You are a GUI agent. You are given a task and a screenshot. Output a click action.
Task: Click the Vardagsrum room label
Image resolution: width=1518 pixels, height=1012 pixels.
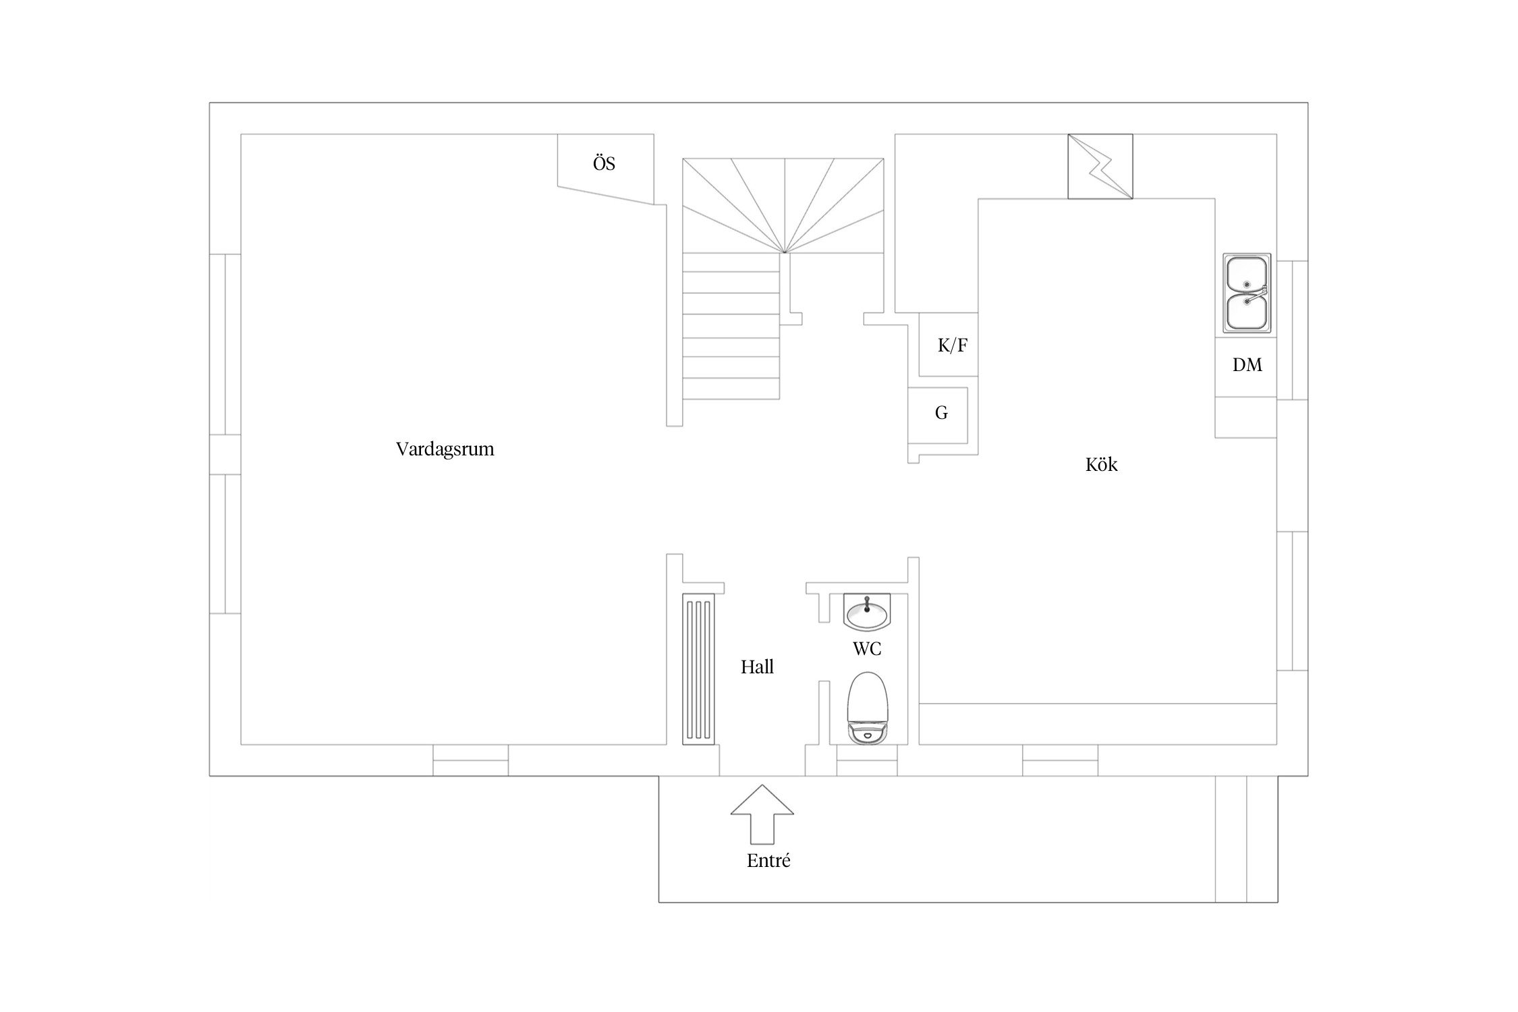(x=445, y=449)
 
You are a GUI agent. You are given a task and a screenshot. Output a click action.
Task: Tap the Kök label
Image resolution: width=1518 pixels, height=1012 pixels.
(x=1101, y=464)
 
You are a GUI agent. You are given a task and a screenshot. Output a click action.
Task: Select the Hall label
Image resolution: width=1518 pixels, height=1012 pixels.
(x=757, y=667)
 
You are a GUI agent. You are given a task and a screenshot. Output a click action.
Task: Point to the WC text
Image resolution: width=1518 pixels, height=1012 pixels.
(x=867, y=649)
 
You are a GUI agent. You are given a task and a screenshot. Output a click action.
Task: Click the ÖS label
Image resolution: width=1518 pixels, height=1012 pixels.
(x=604, y=163)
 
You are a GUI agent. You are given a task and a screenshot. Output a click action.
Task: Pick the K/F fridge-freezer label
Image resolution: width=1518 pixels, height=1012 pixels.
(x=953, y=345)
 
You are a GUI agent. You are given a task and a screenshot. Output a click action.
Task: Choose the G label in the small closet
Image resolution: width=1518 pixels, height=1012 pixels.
(x=941, y=413)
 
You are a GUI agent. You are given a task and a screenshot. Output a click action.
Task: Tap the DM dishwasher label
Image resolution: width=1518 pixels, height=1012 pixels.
(x=1247, y=365)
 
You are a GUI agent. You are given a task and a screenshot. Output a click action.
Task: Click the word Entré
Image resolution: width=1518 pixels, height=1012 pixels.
(x=768, y=861)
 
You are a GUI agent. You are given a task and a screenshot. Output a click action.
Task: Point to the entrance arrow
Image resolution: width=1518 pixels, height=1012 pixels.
(x=762, y=814)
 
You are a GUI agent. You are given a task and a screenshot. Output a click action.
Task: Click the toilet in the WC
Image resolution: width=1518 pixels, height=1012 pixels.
(x=868, y=708)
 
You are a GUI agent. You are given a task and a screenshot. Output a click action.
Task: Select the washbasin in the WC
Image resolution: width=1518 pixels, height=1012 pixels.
(x=867, y=611)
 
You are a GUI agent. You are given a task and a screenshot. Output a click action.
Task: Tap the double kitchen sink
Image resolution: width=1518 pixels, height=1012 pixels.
(x=1247, y=294)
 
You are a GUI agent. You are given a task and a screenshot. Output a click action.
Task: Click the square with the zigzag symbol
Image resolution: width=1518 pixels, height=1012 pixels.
(x=1100, y=166)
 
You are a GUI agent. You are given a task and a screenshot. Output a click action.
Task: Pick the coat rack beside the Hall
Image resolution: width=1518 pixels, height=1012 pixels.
(x=698, y=669)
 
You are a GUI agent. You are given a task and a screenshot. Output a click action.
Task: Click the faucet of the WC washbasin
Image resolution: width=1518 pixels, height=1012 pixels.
(x=867, y=603)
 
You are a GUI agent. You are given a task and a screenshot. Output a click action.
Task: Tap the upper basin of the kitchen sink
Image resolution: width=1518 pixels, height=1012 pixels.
(x=1246, y=275)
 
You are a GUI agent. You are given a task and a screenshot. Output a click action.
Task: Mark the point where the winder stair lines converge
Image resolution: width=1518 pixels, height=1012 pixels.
(x=785, y=253)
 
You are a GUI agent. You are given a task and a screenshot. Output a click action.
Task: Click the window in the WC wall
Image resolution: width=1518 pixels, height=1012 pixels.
(x=867, y=760)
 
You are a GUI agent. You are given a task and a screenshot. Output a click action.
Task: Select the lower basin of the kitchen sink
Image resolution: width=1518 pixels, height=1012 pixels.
(x=1246, y=312)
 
